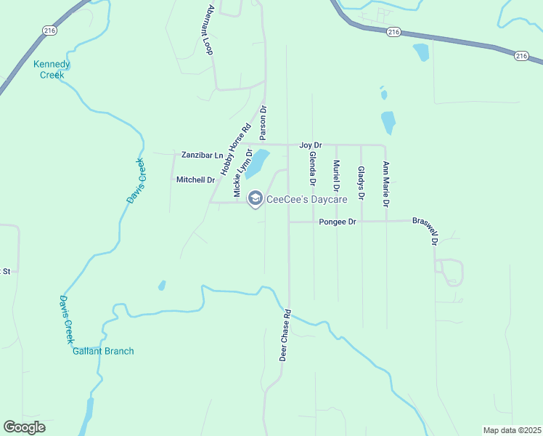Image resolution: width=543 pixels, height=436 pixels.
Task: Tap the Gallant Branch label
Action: coord(103,351)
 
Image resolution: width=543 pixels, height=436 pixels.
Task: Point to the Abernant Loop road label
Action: coord(210,31)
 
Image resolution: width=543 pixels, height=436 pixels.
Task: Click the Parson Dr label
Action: coord(264,123)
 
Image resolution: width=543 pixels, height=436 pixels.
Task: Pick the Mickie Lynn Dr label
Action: coord(242,173)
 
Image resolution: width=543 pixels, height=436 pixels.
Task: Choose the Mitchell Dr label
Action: coord(196,179)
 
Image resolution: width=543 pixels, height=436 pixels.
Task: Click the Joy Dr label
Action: coord(310,145)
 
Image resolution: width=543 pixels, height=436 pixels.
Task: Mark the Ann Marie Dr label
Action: coord(386,182)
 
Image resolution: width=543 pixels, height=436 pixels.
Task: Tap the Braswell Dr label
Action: coord(428,229)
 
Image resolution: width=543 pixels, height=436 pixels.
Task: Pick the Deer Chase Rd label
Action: coord(285,336)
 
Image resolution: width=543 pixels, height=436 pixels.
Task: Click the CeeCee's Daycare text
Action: coord(307,199)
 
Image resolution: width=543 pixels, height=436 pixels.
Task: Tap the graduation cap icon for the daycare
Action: coord(255,198)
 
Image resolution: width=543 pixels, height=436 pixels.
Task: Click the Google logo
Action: coord(24,427)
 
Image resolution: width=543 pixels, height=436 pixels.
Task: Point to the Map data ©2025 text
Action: coord(511,430)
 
